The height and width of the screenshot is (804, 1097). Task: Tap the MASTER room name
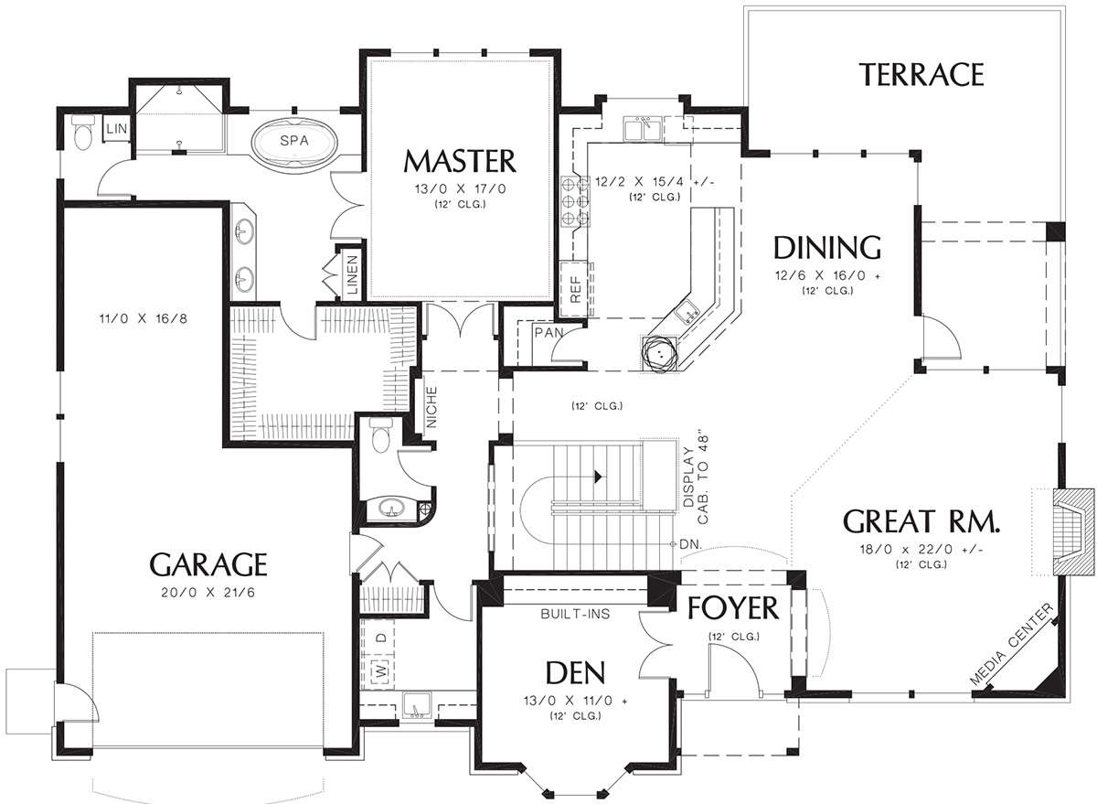(x=460, y=161)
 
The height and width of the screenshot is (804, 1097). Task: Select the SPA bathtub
(x=294, y=141)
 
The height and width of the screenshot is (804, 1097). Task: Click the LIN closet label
(x=117, y=129)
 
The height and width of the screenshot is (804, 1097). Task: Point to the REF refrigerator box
(x=576, y=289)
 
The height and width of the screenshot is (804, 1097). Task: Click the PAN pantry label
(x=549, y=333)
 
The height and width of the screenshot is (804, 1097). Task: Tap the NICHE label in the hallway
(x=431, y=407)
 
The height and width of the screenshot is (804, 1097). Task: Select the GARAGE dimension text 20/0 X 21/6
(x=208, y=593)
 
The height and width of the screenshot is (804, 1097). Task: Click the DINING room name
(x=827, y=248)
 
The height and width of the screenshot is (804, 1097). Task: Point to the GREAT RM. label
(x=921, y=520)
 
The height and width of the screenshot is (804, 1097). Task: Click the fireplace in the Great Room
(x=1074, y=539)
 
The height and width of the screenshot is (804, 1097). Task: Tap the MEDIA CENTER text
(x=1012, y=645)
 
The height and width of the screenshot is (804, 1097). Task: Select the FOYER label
(x=733, y=608)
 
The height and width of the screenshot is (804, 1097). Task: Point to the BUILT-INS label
(x=575, y=614)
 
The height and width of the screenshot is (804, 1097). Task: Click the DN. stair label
(x=691, y=544)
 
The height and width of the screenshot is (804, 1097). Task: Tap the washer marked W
(x=381, y=670)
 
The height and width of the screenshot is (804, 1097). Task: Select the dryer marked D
(x=381, y=638)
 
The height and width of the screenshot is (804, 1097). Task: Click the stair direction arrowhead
(x=598, y=476)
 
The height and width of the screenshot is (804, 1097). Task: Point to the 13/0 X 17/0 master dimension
(x=460, y=188)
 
